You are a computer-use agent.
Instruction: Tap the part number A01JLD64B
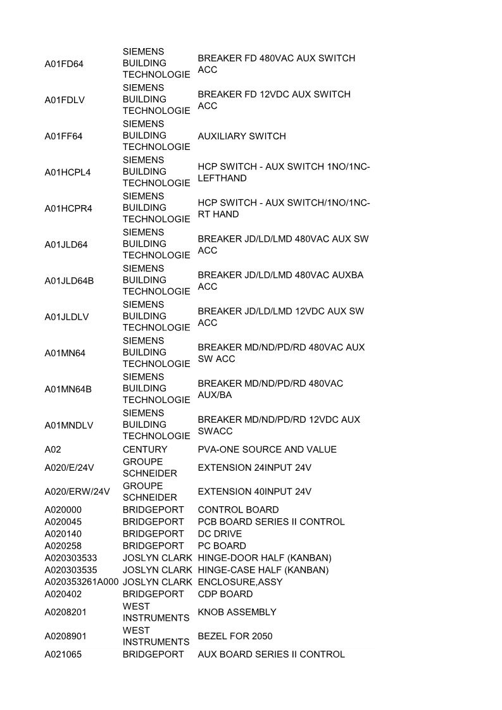(69, 280)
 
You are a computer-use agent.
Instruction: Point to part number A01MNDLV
(68, 425)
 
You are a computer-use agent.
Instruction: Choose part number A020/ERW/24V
(77, 492)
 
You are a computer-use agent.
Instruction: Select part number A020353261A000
(82, 582)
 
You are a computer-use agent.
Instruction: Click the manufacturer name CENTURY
(145, 449)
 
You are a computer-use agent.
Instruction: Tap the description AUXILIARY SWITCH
(242, 136)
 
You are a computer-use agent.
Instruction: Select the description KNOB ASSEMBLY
(237, 612)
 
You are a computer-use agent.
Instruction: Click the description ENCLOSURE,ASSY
(240, 582)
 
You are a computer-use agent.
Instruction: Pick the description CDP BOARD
(225, 594)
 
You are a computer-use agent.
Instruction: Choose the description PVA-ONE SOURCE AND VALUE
(267, 449)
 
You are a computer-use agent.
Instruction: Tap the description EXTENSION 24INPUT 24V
(254, 468)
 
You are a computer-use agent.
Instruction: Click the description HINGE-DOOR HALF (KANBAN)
(265, 558)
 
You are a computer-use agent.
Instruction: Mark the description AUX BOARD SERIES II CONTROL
(271, 654)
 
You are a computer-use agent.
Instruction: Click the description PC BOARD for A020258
(222, 546)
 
